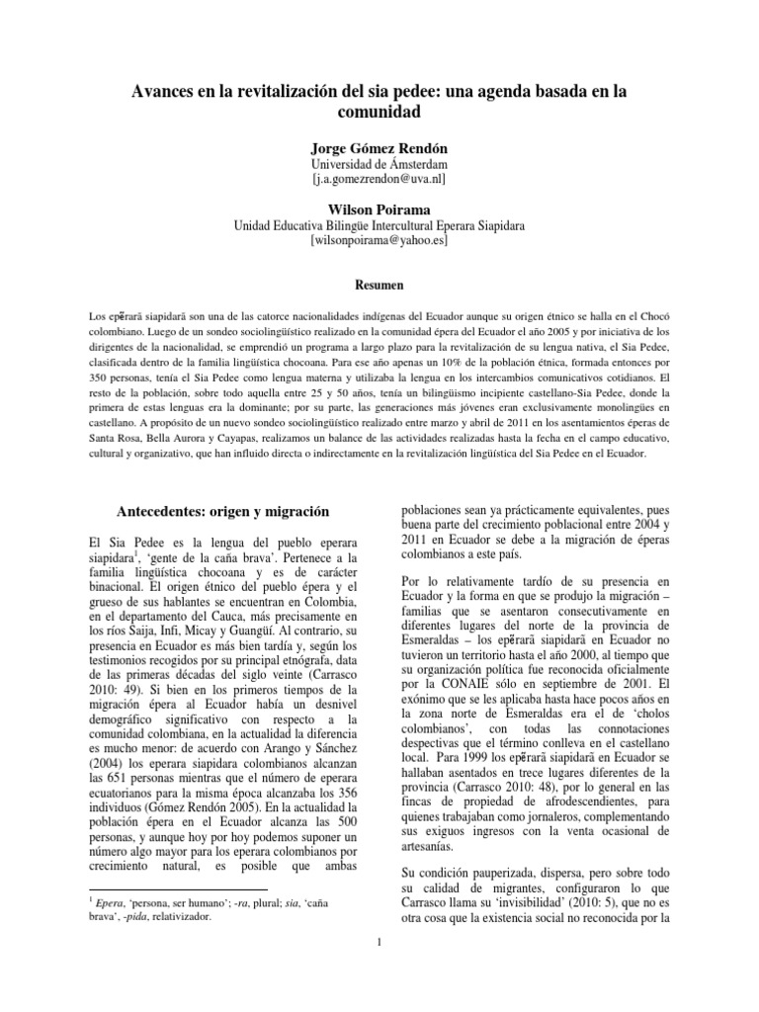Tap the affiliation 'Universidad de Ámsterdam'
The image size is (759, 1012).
tap(379, 163)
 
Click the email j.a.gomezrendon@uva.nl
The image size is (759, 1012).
tap(379, 179)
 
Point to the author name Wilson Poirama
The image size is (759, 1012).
tap(379, 209)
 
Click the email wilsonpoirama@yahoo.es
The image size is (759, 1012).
tap(379, 240)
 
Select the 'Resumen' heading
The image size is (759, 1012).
tap(379, 285)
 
